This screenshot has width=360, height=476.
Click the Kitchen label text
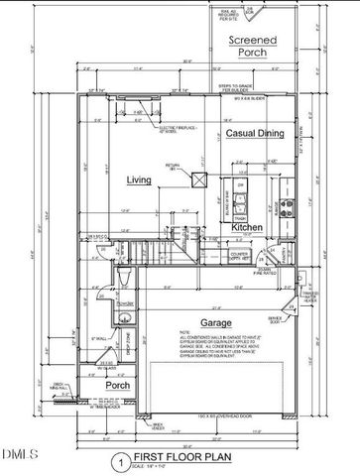click(x=247, y=227)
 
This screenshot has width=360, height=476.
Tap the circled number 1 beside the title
click(x=118, y=462)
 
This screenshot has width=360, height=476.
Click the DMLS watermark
click(x=18, y=454)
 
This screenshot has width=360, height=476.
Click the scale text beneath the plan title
click(x=159, y=467)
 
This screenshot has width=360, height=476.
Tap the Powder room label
click(x=123, y=303)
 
